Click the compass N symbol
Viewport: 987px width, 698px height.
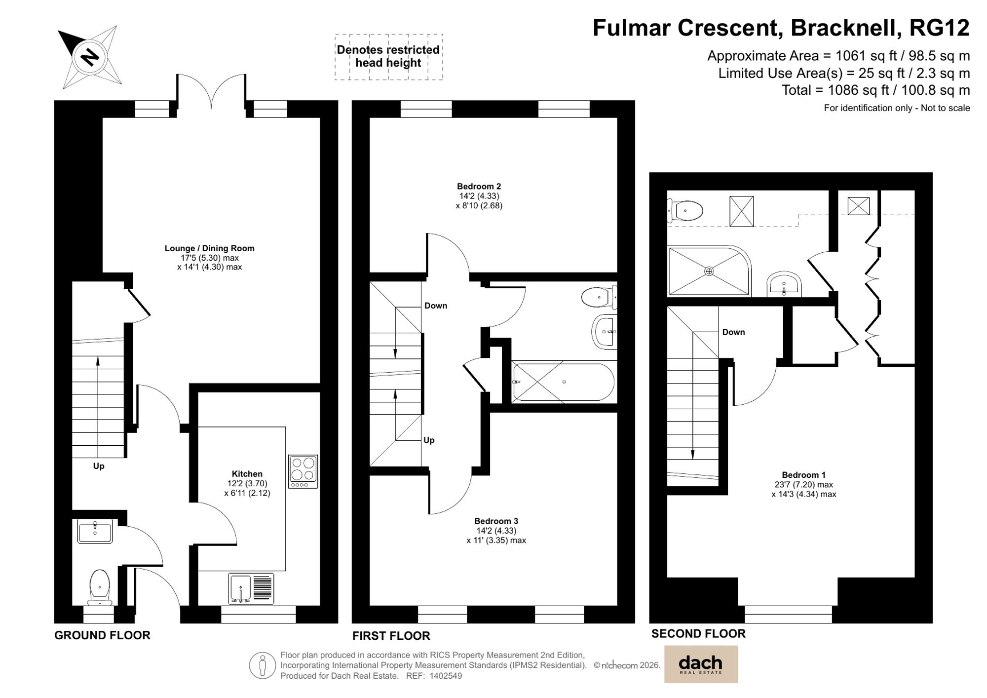[x=90, y=57]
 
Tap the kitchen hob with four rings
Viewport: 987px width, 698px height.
[x=303, y=471]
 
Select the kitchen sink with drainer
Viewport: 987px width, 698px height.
[x=251, y=588]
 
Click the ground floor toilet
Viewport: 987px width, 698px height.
[x=100, y=586]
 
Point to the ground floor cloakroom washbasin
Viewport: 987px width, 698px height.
[x=95, y=531]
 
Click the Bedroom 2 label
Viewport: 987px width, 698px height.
[x=479, y=186]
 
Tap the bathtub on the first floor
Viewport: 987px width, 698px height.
[x=564, y=382]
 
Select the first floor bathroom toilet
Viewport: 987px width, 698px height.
[x=598, y=297]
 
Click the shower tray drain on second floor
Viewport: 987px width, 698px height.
[x=709, y=271]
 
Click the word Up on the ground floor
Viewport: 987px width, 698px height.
[x=99, y=466]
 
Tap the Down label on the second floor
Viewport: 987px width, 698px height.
[x=733, y=332]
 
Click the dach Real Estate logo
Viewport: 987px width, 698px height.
[x=701, y=664]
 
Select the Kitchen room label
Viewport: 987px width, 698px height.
[x=247, y=473]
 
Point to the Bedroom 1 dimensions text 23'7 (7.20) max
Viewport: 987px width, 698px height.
[x=803, y=485]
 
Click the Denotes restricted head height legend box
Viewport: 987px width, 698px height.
[x=388, y=57]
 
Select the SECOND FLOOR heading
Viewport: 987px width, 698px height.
[x=698, y=633]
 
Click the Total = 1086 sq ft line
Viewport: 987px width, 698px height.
[x=875, y=90]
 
